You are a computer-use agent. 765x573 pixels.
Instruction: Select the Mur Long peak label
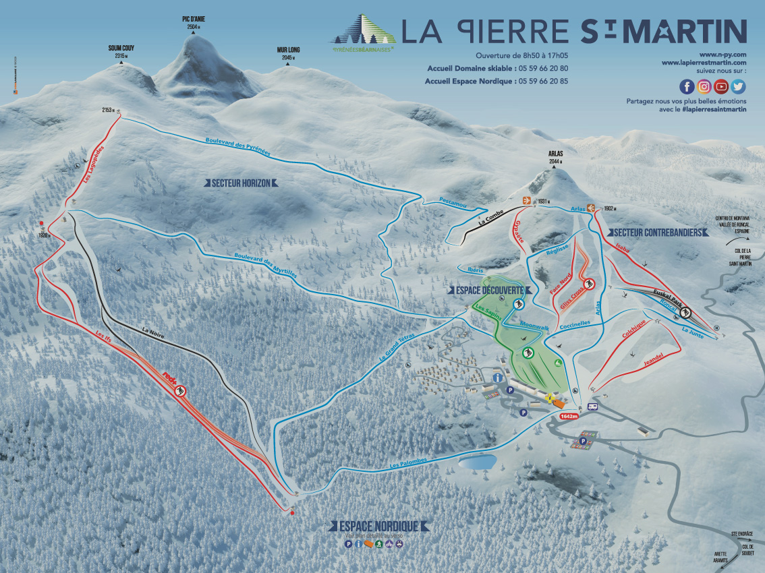pyautogui.click(x=288, y=50)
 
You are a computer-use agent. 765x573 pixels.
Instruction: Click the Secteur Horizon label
pyautogui.click(x=241, y=183)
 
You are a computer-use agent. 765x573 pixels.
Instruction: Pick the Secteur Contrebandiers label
pyautogui.click(x=658, y=233)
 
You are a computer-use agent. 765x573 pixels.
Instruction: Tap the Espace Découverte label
pyautogui.click(x=486, y=289)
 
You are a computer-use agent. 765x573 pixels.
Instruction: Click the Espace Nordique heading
pyautogui.click(x=378, y=526)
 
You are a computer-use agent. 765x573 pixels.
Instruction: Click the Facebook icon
pyautogui.click(x=687, y=86)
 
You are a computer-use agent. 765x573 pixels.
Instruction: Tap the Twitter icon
pyautogui.click(x=738, y=86)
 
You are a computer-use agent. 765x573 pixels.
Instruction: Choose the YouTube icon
pyautogui.click(x=721, y=86)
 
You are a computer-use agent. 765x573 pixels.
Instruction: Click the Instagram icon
pyautogui.click(x=704, y=86)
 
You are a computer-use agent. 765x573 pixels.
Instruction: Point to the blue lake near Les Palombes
pyautogui.click(x=477, y=462)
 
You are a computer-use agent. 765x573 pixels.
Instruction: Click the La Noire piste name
pyautogui.click(x=154, y=331)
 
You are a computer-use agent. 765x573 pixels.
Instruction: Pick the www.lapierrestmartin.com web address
pyautogui.click(x=704, y=63)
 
